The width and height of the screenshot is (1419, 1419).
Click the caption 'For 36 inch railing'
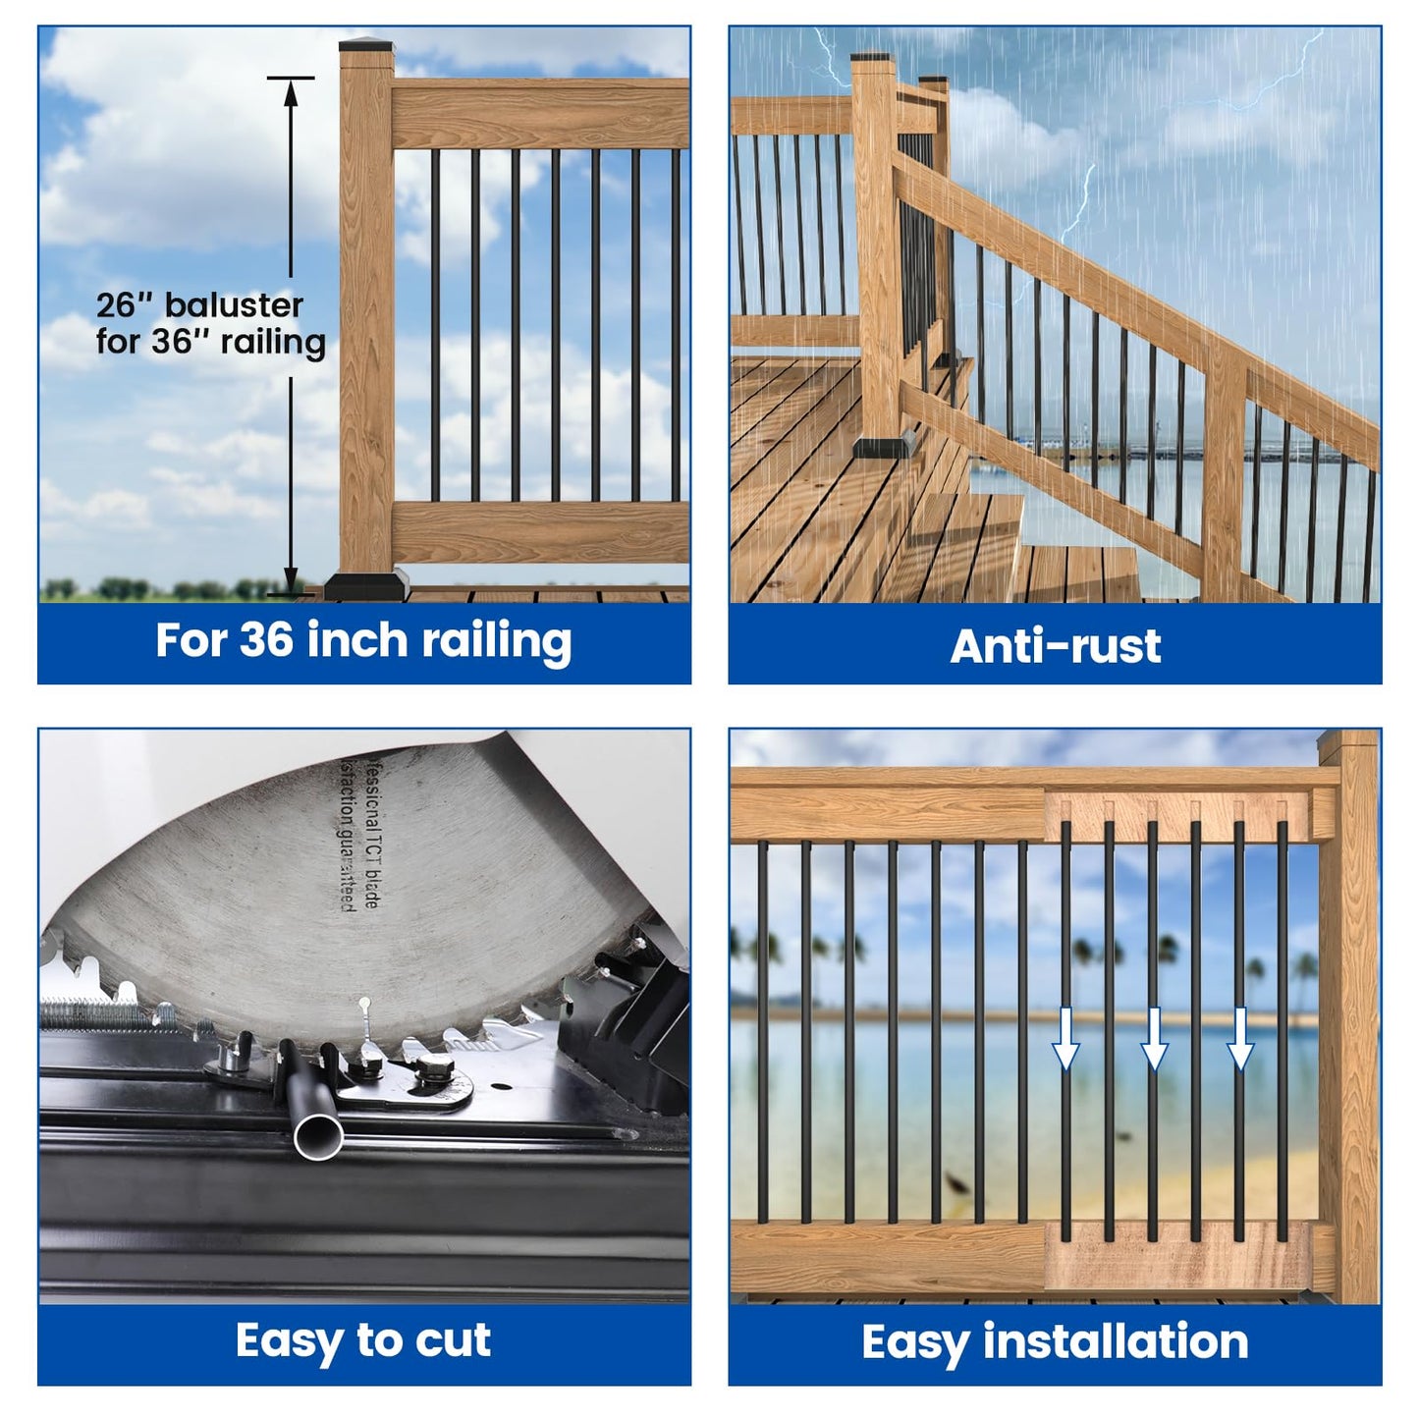click(363, 641)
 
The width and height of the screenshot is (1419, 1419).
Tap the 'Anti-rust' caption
click(1055, 646)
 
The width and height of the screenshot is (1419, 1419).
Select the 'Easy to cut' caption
click(363, 1340)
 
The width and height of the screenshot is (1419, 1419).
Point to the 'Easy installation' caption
click(1055, 1341)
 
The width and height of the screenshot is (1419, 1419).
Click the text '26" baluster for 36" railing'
click(210, 323)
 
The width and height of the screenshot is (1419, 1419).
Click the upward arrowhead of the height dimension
click(291, 90)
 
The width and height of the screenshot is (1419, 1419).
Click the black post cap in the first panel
click(366, 44)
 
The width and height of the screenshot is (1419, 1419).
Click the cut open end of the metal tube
click(318, 1137)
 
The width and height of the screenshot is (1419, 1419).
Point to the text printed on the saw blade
click(357, 835)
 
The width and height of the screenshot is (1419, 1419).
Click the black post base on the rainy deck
click(886, 445)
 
